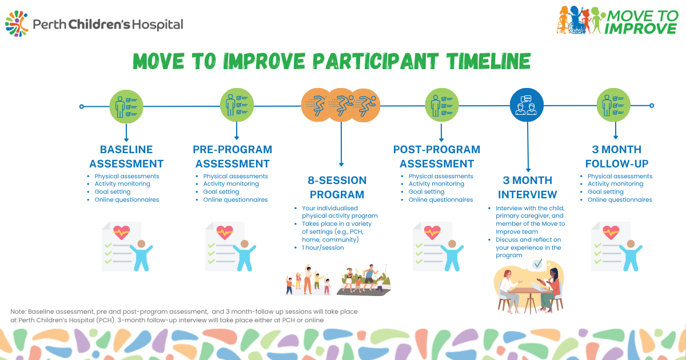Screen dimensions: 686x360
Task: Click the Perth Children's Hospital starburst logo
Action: pos(17,24)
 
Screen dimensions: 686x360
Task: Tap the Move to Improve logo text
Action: pos(641,22)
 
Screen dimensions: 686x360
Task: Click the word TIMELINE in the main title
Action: pos(488,61)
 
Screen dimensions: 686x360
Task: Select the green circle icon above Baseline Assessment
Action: pos(126,106)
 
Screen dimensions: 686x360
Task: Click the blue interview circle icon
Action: pos(527,105)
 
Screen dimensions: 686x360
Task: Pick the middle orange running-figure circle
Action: pos(341,105)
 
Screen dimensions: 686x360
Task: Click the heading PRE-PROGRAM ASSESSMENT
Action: pos(233,157)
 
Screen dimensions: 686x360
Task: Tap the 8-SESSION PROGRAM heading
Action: pos(337,187)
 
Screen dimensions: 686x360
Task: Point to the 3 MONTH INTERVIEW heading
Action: pos(527,187)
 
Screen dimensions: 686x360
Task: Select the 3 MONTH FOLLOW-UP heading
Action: pos(616,157)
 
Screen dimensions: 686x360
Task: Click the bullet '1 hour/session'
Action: pos(323,247)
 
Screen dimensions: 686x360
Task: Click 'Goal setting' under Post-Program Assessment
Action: pos(426,191)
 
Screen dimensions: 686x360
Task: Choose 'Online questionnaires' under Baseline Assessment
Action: pos(127,199)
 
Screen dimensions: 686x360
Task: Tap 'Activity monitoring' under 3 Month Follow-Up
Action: pos(615,183)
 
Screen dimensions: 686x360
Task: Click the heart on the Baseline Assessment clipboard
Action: pos(121,233)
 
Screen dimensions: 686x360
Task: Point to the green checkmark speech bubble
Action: pos(538,263)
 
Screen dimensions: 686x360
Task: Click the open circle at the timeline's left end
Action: pos(81,106)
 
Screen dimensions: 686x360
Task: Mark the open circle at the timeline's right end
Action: pos(652,106)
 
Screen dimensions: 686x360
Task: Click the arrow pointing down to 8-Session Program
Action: pos(341,144)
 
